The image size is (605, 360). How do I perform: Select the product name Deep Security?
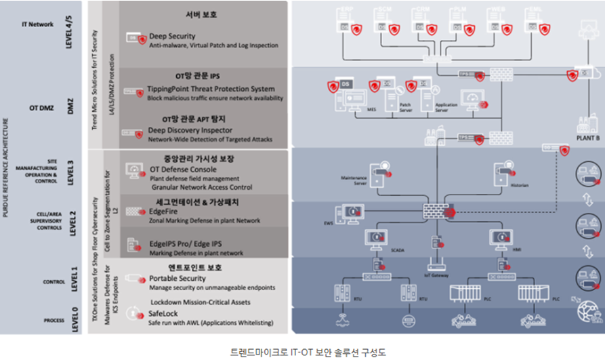[x=172, y=36]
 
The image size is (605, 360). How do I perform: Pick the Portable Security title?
[x=178, y=279]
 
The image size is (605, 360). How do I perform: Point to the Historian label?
[x=520, y=184]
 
